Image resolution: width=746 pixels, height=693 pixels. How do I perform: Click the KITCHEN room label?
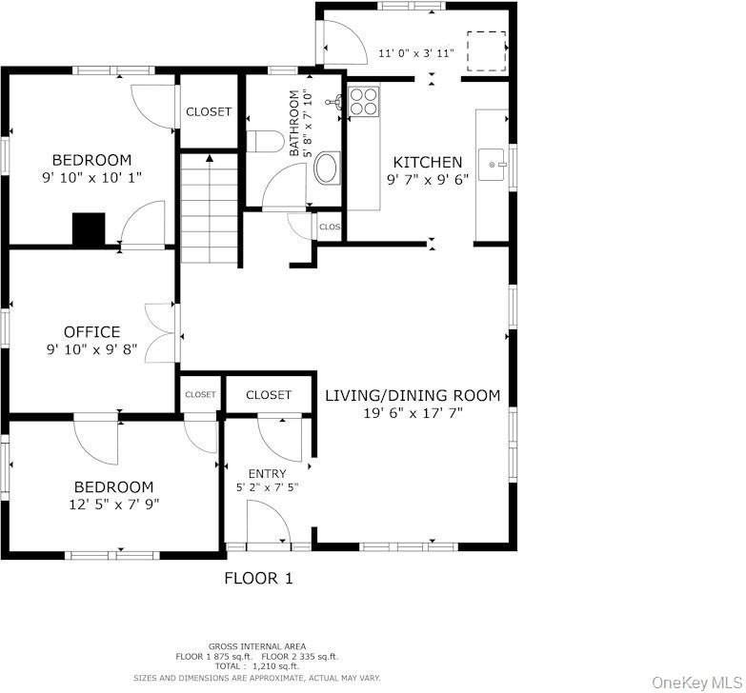(427, 163)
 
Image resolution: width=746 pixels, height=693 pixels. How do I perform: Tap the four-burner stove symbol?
(364, 101)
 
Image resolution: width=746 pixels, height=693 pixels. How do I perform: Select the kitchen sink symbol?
(492, 165)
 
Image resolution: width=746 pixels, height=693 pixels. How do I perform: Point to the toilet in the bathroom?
(265, 141)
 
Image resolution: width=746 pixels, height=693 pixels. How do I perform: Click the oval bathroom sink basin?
(327, 168)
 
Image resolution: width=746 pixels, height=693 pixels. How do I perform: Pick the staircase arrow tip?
(210, 156)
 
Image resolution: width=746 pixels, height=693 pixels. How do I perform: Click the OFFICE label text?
(91, 332)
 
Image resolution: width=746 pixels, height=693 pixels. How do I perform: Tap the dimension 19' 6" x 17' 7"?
(413, 413)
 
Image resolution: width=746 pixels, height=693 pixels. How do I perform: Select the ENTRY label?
(268, 473)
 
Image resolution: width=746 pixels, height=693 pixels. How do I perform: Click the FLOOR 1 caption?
(258, 578)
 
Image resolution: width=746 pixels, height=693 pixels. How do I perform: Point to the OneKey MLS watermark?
(696, 683)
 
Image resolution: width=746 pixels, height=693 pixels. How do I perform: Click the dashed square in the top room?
(486, 51)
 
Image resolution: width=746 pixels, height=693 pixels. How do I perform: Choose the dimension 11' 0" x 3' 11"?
(416, 53)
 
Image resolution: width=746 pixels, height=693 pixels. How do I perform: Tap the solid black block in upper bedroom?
(89, 229)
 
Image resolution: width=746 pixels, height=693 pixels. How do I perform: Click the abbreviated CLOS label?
(330, 228)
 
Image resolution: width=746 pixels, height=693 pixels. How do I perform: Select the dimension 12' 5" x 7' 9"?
(114, 504)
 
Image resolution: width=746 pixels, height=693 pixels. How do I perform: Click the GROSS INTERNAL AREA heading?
(257, 646)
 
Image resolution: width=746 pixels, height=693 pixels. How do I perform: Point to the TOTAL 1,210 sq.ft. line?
(257, 666)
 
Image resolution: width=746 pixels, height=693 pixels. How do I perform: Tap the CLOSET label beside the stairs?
(209, 111)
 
